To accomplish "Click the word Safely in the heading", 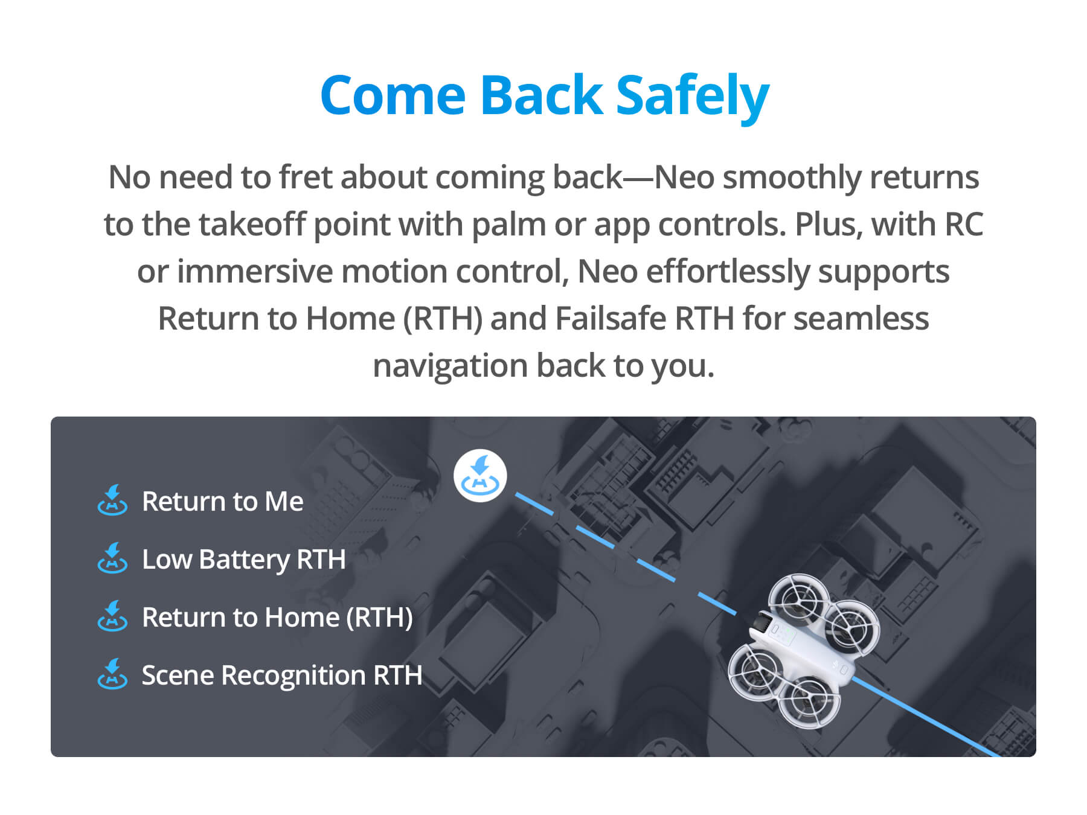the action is pyautogui.click(x=692, y=97).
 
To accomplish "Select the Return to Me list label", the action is pyautogui.click(x=222, y=501).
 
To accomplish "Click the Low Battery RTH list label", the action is pyautogui.click(x=243, y=560).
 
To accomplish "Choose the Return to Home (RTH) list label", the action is pyautogui.click(x=277, y=617).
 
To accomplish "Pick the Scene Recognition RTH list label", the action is pyautogui.click(x=282, y=675).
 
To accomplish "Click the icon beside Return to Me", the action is pyautogui.click(x=112, y=500).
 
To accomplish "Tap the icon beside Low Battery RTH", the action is pyautogui.click(x=112, y=558).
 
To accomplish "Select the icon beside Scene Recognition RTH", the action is pyautogui.click(x=112, y=674).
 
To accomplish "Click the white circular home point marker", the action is pyautogui.click(x=480, y=476).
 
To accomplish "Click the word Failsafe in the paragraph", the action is pyautogui.click(x=610, y=318).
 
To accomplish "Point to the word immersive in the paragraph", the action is pyautogui.click(x=254, y=272).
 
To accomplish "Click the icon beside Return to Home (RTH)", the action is pyautogui.click(x=112, y=616).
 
